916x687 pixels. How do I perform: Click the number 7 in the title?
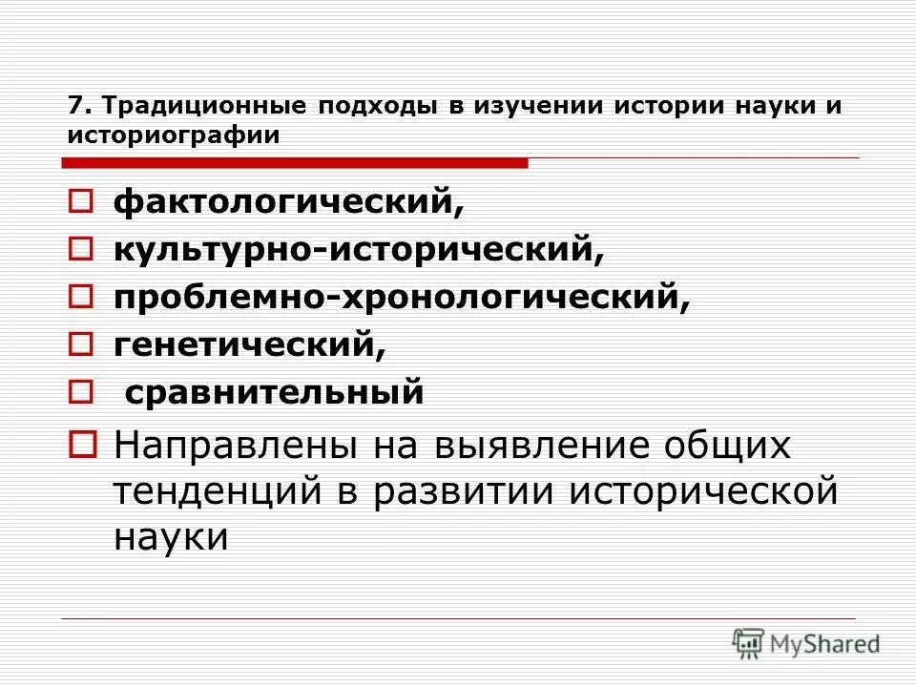tap(74, 104)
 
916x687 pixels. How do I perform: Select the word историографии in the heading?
tap(174, 135)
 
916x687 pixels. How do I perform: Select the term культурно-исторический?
tap(360, 250)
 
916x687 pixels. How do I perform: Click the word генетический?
tap(250, 344)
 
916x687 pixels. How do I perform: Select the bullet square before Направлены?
tap(81, 443)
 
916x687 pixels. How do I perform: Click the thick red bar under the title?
tap(297, 163)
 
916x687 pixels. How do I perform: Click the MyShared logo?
tap(806, 643)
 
